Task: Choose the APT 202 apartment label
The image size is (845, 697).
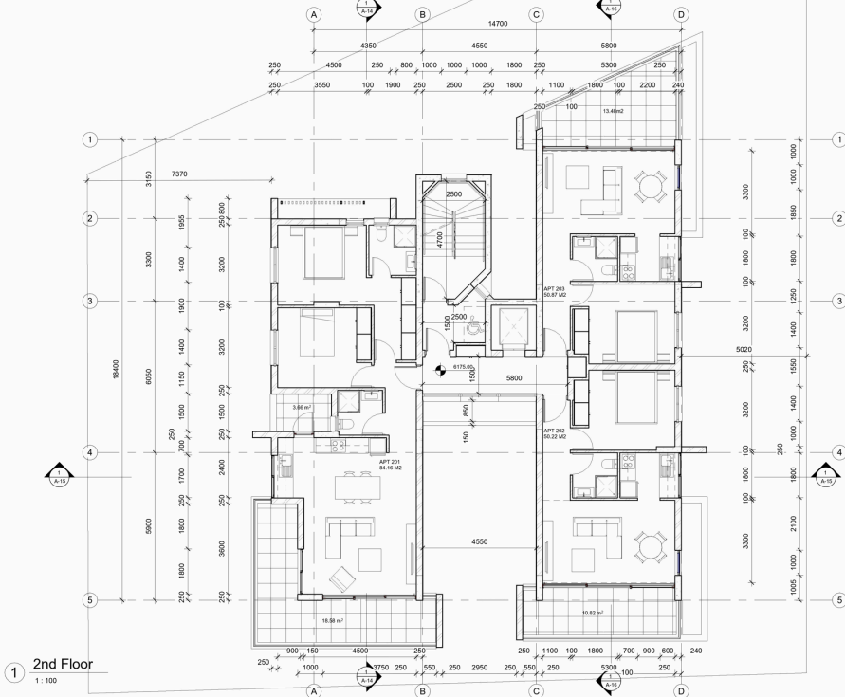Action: coord(555,434)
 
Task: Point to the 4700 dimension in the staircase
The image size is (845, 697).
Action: coord(439,240)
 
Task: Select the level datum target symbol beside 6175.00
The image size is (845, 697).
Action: coord(438,370)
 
